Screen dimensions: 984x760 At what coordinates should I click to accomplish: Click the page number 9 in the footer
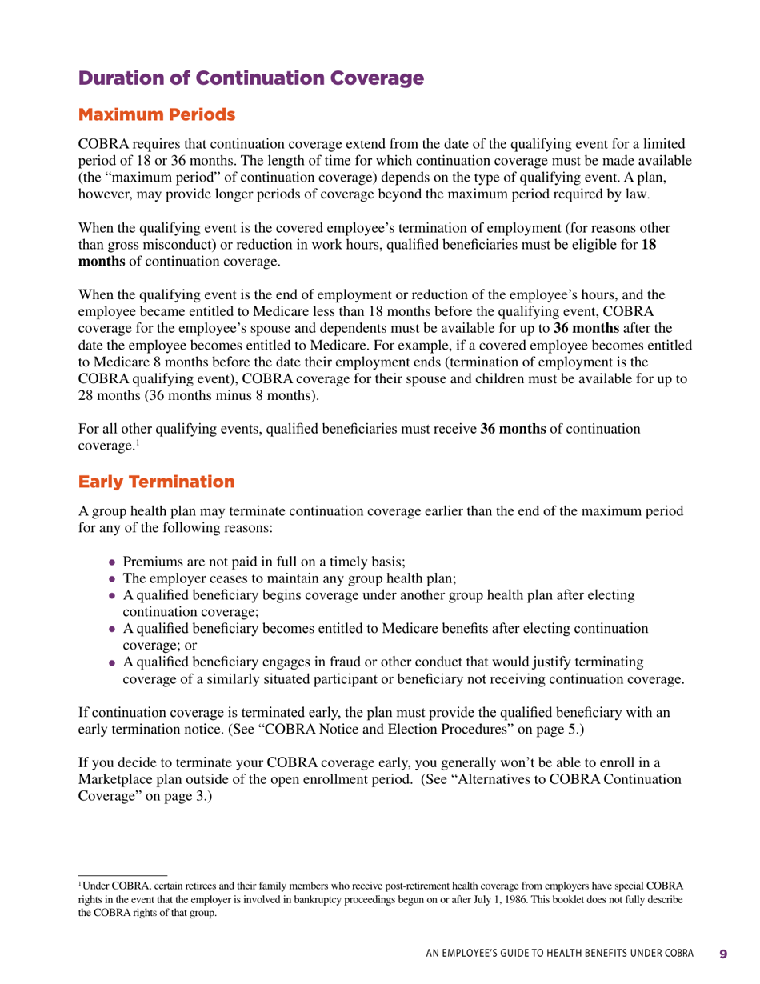pos(722,954)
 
